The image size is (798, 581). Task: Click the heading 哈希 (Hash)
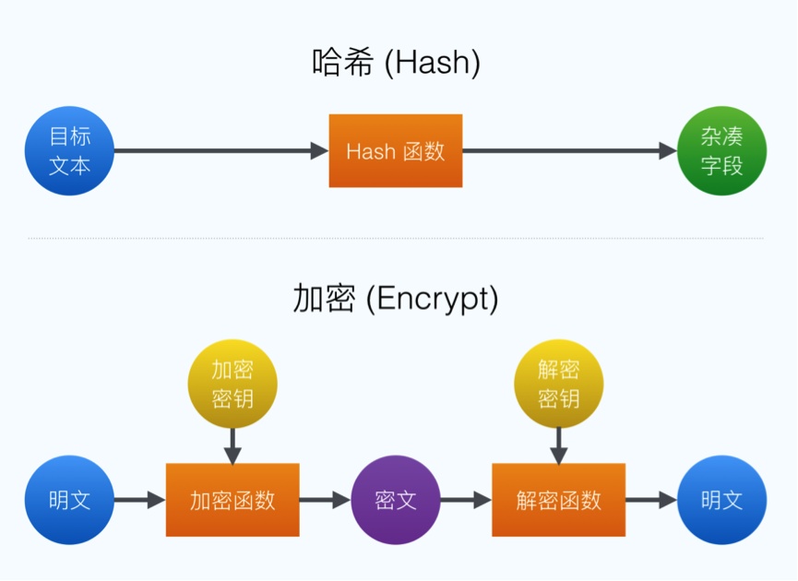click(397, 64)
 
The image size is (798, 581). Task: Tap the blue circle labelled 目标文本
click(70, 151)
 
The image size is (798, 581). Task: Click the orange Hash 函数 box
click(396, 151)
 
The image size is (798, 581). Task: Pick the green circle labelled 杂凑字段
click(721, 151)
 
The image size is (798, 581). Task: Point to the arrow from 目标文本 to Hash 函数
click(221, 151)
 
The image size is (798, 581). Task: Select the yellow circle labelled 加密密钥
click(232, 384)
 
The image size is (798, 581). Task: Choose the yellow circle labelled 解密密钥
click(558, 384)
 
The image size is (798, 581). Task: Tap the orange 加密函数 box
click(232, 500)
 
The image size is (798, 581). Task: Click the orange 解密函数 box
click(558, 500)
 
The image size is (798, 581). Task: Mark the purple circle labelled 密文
click(396, 500)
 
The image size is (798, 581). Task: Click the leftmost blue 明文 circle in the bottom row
click(70, 500)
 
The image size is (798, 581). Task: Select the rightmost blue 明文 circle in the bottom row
click(721, 500)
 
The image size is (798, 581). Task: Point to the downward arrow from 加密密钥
click(232, 445)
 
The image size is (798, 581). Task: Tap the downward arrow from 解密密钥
click(558, 445)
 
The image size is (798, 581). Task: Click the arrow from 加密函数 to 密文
click(325, 500)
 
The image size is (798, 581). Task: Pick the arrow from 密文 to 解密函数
click(466, 500)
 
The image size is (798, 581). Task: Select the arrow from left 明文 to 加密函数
click(140, 500)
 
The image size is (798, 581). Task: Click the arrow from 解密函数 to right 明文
click(651, 500)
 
